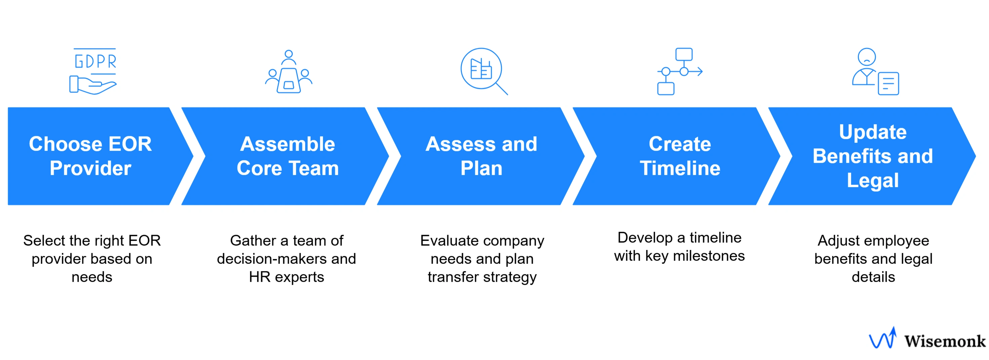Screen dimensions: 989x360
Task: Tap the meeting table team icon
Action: coord(289,72)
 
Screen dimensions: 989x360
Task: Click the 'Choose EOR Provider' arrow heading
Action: coord(91,156)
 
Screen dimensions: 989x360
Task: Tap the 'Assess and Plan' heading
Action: coord(481,156)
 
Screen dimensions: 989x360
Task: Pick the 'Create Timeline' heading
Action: coord(680,156)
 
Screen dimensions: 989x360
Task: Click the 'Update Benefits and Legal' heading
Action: coord(873,156)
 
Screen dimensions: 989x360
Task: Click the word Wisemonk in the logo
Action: coord(945,341)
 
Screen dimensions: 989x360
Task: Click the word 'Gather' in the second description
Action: coord(253,241)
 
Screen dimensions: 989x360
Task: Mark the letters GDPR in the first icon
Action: coord(95,62)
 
